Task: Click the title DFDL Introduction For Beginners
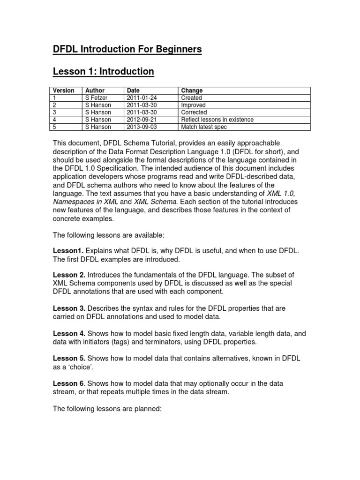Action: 127,49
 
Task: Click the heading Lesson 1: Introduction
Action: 103,71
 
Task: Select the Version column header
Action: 64,90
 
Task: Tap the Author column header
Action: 95,90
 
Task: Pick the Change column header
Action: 192,90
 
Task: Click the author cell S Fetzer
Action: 97,98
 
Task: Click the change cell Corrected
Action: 194,112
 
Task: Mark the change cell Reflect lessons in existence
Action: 217,120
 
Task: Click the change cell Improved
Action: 193,105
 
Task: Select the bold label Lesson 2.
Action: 69,274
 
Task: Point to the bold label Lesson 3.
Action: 69,308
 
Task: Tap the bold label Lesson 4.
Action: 69,333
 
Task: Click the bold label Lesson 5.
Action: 69,359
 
